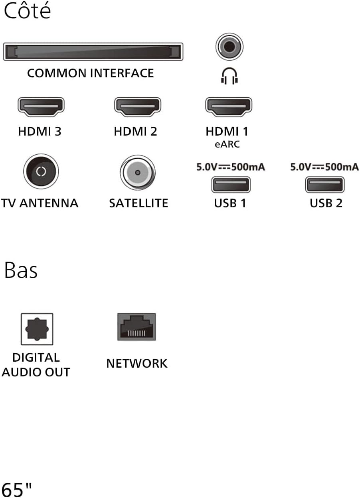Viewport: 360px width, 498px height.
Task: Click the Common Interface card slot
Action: point(93,51)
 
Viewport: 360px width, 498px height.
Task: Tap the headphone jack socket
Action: point(229,47)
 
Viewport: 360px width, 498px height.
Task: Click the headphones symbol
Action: point(229,76)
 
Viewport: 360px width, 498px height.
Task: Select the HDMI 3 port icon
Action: point(41,107)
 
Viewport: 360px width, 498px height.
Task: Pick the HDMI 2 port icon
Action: point(138,107)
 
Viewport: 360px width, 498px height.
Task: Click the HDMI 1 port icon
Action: point(229,107)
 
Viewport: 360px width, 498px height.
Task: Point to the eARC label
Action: point(227,144)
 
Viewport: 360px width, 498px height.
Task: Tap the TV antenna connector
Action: point(41,171)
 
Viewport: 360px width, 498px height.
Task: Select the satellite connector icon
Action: point(138,173)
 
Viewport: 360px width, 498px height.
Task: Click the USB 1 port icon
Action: point(231,185)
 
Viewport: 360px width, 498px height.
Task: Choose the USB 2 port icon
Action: point(325,185)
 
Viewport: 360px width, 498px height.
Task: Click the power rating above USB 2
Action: point(324,167)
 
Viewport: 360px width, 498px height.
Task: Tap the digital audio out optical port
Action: point(37,329)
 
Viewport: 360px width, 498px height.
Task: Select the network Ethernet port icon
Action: point(136,327)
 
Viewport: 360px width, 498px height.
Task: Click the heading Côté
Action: point(27,10)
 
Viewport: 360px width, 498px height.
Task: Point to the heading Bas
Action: point(21,270)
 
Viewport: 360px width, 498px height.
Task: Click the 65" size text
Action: point(16,489)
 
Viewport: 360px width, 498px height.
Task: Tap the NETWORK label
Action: point(137,364)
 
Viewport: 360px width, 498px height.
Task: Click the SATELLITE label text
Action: point(138,203)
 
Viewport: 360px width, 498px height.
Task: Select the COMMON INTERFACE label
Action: point(91,73)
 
